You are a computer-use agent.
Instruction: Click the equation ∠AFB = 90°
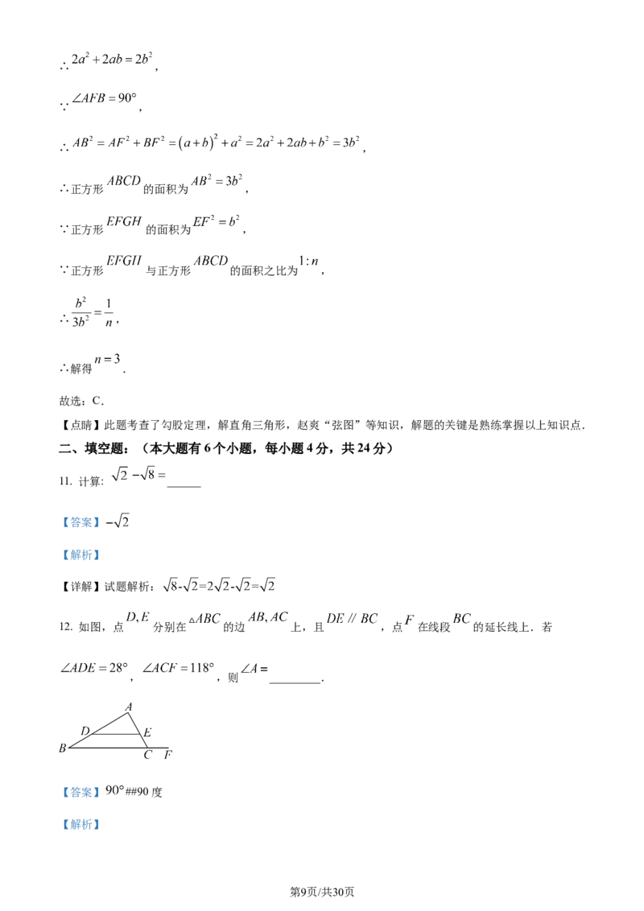pos(104,98)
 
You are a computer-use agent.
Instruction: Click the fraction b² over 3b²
pos(80,312)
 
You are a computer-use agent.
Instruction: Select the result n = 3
pos(108,359)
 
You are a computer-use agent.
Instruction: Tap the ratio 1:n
pos(308,262)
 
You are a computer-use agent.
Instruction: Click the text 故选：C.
pos(81,401)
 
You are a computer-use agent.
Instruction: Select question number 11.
pos(65,481)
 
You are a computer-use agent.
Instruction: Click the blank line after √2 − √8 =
pos(184,486)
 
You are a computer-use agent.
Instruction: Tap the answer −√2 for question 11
pos(118,521)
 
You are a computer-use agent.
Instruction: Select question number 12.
pos(66,626)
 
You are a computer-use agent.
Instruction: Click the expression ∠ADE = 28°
pos(94,668)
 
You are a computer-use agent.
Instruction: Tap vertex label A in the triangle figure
pos(129,707)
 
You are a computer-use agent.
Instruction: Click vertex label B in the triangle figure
pos(63,748)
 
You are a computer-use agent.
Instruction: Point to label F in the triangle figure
pos(168,755)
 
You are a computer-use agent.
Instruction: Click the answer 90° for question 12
pos(115,791)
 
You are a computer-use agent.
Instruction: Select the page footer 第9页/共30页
pos(322,892)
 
